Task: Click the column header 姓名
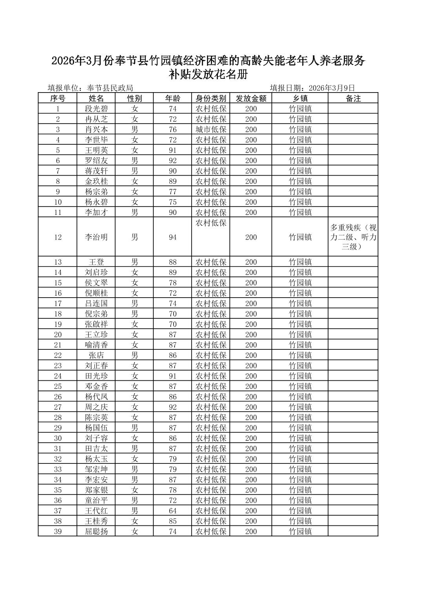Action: tap(96, 98)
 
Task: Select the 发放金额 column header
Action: tap(251, 98)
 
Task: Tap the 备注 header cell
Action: tap(353, 98)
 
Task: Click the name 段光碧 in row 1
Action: tap(96, 109)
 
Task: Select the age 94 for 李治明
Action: tap(172, 237)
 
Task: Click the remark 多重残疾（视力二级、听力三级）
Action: tap(353, 237)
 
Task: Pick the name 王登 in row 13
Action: tap(96, 262)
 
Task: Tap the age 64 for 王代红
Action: tap(172, 511)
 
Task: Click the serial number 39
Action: tap(58, 532)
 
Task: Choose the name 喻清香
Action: tap(96, 345)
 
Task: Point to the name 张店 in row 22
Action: tap(96, 355)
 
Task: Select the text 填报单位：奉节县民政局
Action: tap(90, 88)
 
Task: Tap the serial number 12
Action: tap(58, 237)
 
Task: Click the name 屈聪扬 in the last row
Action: tap(96, 532)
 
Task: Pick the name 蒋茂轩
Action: tap(96, 171)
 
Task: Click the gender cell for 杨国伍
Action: tap(134, 428)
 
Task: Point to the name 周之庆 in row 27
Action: tap(96, 407)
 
